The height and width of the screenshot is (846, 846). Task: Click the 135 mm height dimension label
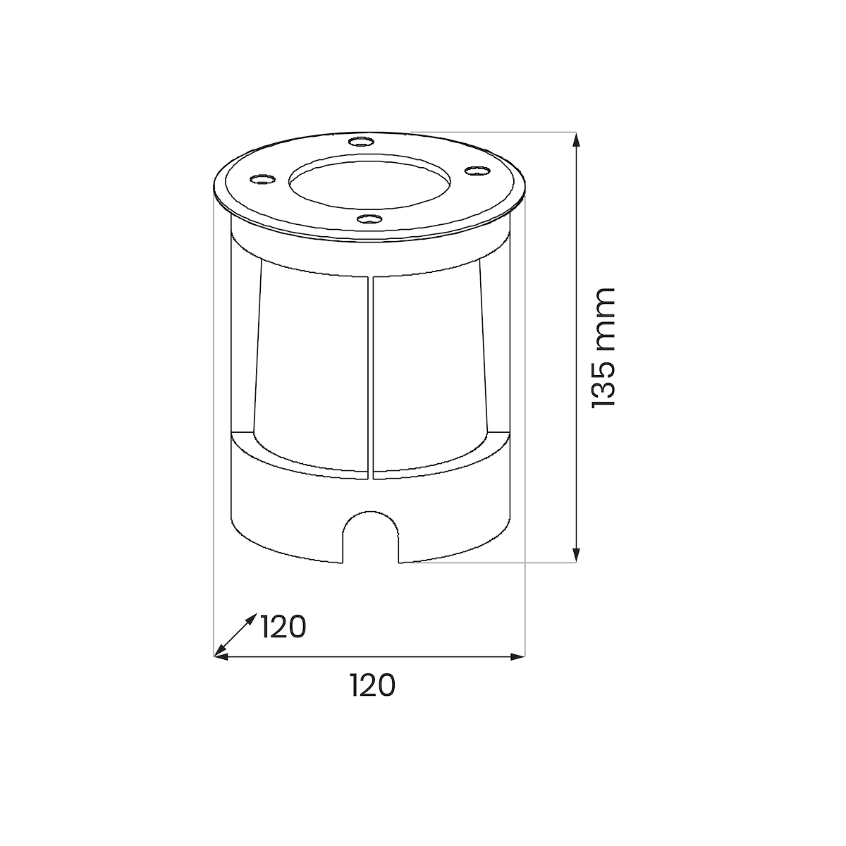pyautogui.click(x=603, y=348)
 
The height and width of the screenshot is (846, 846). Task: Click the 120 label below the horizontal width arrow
pyautogui.click(x=373, y=685)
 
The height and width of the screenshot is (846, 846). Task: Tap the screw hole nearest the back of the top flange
pyautogui.click(x=361, y=142)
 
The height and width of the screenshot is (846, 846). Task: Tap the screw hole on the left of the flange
pyautogui.click(x=262, y=179)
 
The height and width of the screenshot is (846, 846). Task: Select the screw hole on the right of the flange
pyautogui.click(x=477, y=170)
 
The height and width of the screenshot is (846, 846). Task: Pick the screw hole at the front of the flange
pyautogui.click(x=369, y=218)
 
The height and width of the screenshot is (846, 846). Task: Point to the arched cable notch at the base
pyautogui.click(x=371, y=512)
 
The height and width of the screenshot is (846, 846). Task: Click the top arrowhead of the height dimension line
pyautogui.click(x=577, y=139)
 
